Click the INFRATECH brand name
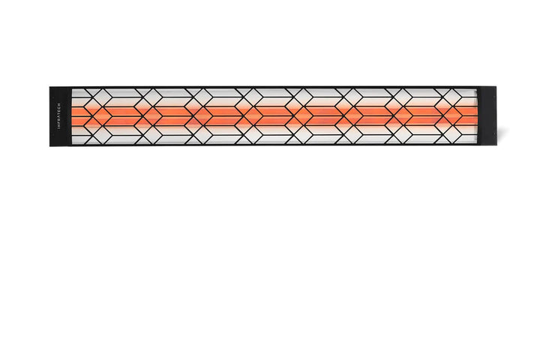point(58,116)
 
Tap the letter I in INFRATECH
point(58,129)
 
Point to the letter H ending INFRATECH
point(58,104)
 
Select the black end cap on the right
point(487,116)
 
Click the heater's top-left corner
point(49,87)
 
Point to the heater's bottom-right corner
point(497,145)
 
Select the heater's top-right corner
point(496,87)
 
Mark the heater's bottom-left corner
point(49,146)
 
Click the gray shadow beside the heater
point(502,133)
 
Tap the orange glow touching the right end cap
point(469,116)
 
